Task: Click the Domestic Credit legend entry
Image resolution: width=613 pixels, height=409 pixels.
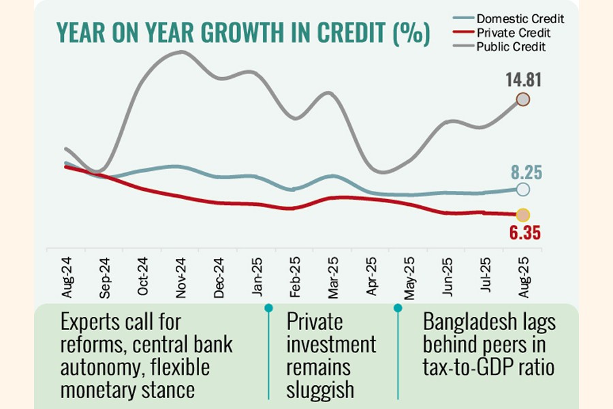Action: click(x=520, y=18)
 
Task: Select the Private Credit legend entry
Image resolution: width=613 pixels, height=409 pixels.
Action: click(x=513, y=33)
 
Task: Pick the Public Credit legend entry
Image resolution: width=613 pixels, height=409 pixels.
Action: click(x=511, y=47)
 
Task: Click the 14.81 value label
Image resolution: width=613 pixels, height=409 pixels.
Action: click(x=523, y=80)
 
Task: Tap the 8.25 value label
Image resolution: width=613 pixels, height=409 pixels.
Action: click(x=524, y=172)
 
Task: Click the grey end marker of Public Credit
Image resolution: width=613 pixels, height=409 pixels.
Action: click(x=522, y=100)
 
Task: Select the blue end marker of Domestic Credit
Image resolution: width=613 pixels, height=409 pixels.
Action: click(x=522, y=190)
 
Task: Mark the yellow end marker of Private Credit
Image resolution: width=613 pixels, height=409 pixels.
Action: click(x=522, y=215)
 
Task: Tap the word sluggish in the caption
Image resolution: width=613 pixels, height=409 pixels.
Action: click(x=320, y=389)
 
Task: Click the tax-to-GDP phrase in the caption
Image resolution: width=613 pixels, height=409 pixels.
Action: click(x=467, y=367)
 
